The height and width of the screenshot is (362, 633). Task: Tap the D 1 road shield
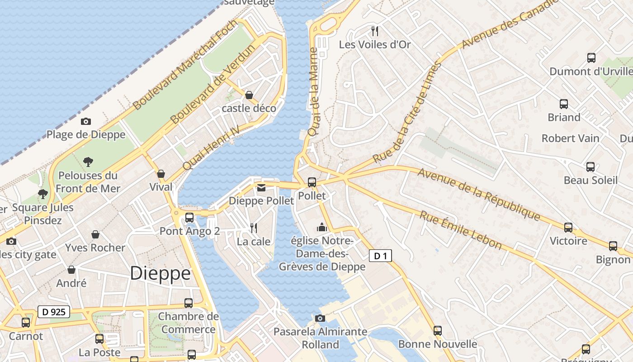tap(380, 256)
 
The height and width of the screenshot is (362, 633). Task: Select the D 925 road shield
tap(53, 312)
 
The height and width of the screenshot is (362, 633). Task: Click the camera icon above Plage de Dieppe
tap(86, 121)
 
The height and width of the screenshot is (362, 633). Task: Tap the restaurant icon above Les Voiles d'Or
tap(374, 31)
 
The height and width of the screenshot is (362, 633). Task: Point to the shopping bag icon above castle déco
tap(249, 95)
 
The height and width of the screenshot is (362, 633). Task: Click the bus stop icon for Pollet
tap(312, 182)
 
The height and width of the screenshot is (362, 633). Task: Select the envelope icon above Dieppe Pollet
tap(261, 188)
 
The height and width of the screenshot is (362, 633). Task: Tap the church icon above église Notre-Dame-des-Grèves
tap(322, 227)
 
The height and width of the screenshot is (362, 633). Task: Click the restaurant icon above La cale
tap(254, 228)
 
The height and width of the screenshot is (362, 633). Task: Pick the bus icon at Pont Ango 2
tap(189, 218)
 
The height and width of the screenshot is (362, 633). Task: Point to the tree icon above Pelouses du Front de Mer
tap(88, 162)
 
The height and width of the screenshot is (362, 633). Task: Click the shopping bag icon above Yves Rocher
tap(95, 234)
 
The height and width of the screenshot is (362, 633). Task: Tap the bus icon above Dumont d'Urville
tap(591, 58)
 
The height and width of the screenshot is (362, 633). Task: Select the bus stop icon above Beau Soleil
tap(590, 167)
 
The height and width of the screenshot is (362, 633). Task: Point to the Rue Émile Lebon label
tap(461, 230)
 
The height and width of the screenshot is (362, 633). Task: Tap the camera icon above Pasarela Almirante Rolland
tap(320, 318)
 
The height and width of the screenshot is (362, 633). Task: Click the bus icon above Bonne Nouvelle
tap(437, 331)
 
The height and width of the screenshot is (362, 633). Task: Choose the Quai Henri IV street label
tap(210, 148)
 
